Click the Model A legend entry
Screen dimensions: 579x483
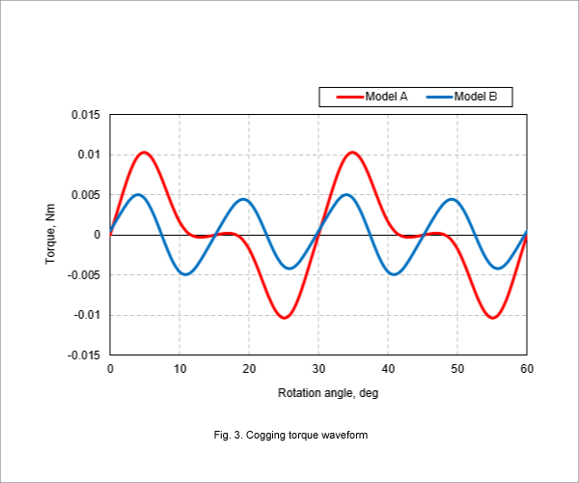tap(372, 97)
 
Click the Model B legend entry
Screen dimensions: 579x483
tap(461, 97)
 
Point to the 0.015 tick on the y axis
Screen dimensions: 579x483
tap(86, 115)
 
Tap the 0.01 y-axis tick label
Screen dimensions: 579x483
tap(89, 155)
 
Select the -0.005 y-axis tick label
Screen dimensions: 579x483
tap(84, 275)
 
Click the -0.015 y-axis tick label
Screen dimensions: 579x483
tap(84, 355)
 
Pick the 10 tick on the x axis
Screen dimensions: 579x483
tap(179, 369)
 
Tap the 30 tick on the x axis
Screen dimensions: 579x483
tap(318, 369)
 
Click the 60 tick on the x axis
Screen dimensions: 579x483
tap(527, 369)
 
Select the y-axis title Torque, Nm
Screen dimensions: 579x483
tap(50, 234)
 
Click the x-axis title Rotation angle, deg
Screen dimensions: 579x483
tap(328, 393)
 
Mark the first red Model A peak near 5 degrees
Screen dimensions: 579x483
tap(144, 153)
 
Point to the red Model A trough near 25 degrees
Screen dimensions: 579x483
tap(285, 318)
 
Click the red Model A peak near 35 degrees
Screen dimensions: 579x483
tap(352, 153)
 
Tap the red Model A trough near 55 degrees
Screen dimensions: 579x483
tap(493, 318)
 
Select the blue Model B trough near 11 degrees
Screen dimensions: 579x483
tap(185, 274)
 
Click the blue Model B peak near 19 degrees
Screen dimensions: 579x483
tap(243, 200)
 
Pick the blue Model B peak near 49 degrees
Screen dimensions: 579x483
tap(452, 200)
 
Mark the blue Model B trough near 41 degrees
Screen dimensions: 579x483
tap(394, 274)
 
